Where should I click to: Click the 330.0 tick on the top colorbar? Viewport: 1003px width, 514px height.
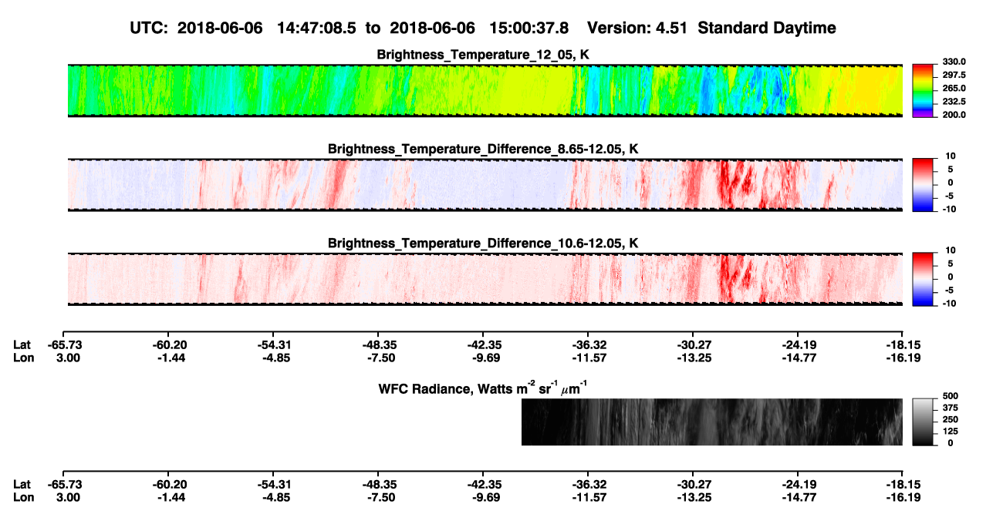954,62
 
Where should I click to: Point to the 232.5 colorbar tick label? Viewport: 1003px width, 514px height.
954,102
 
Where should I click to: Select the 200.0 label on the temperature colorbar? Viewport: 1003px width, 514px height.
954,115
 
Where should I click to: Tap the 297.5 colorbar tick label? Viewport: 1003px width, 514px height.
954,75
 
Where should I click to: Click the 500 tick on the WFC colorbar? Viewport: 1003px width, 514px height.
951,396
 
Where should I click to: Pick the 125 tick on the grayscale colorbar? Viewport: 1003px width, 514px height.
951,432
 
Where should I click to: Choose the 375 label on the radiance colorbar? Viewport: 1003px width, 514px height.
951,408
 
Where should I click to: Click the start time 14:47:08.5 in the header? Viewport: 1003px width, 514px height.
316,29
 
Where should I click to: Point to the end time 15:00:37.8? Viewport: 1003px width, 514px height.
529,29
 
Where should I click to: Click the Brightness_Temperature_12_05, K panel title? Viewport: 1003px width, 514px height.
483,55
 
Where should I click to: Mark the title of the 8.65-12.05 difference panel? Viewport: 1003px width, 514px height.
483,149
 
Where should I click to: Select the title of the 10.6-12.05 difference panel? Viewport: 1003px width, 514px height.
483,244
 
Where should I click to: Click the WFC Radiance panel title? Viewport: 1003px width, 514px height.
483,388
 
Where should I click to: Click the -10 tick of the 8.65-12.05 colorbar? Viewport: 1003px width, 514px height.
948,209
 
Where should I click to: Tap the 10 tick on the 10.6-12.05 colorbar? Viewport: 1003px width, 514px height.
951,250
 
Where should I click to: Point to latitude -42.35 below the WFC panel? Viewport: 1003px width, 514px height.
485,485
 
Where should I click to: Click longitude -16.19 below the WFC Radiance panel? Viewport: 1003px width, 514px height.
903,498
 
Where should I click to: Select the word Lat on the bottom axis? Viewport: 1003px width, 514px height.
22,485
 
